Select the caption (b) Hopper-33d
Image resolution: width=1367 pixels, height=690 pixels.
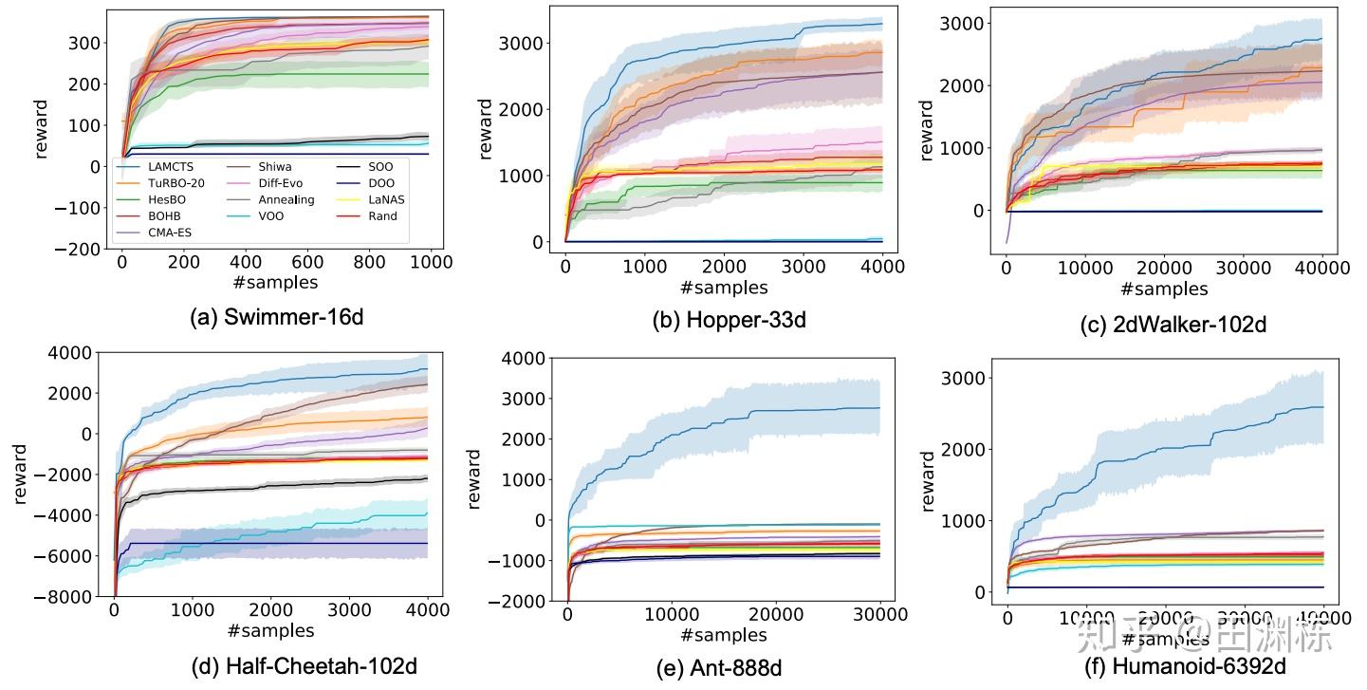click(x=730, y=320)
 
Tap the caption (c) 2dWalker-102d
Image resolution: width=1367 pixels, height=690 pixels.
click(x=1173, y=325)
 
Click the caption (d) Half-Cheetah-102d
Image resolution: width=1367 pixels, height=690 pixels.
click(x=304, y=666)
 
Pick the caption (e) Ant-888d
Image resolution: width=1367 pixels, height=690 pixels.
click(x=719, y=669)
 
